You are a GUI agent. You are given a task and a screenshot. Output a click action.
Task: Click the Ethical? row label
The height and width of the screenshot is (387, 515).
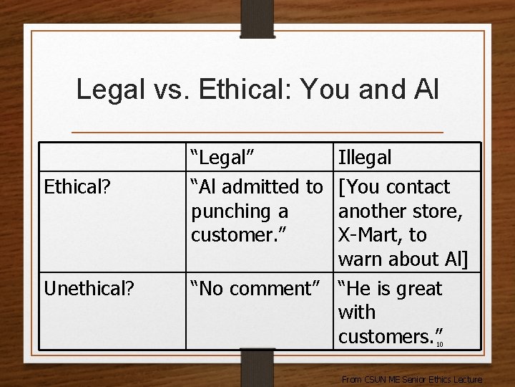click(x=77, y=188)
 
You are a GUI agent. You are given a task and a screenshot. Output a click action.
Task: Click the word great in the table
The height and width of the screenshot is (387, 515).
click(x=416, y=289)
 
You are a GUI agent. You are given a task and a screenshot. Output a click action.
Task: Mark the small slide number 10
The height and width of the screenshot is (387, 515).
click(x=440, y=344)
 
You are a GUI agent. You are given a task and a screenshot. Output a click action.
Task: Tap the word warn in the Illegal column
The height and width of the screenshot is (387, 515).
click(x=360, y=259)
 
